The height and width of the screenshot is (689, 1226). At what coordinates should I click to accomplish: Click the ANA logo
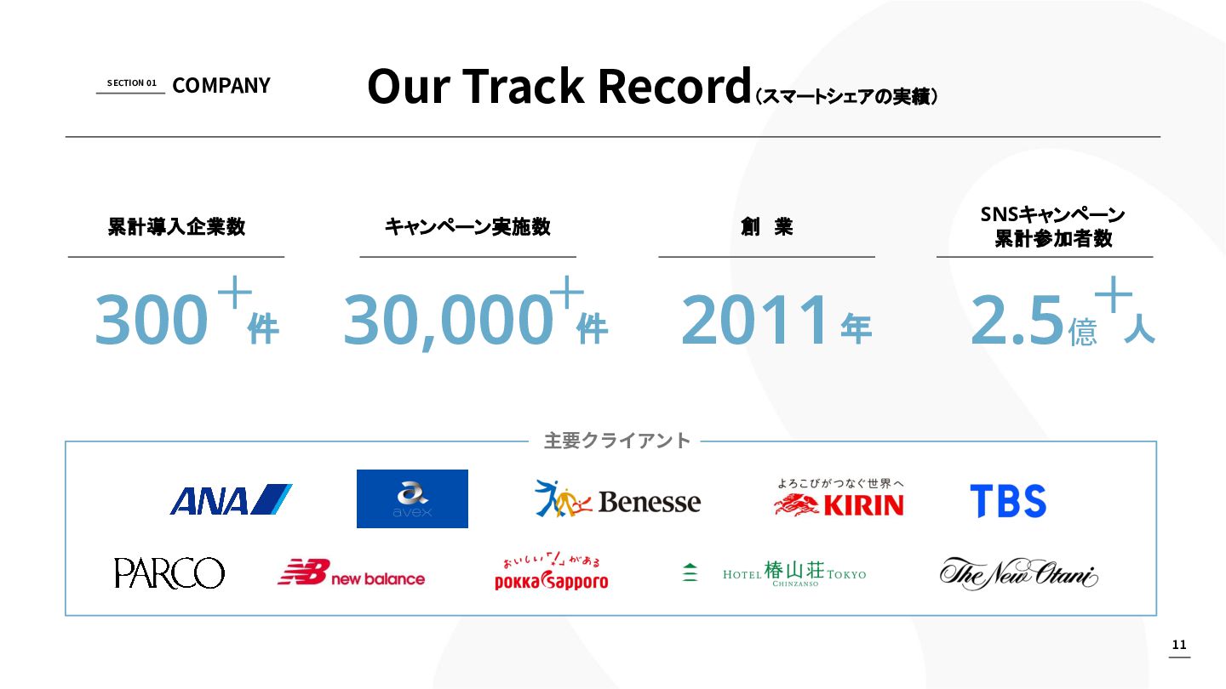coord(231,499)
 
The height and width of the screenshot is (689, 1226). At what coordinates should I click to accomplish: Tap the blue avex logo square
coord(412,498)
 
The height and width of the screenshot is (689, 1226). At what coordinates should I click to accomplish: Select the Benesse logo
coord(617,498)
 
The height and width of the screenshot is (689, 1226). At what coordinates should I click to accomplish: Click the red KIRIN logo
coord(839,498)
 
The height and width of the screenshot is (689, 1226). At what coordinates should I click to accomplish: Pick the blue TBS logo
coord(1008,501)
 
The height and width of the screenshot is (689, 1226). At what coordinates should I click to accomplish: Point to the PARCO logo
coord(169,573)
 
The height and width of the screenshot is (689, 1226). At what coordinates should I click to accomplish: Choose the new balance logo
coord(351,572)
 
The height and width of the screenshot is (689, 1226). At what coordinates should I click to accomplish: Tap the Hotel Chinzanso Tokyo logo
coord(774,573)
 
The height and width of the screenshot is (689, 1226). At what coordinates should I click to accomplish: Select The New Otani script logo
coord(1018,573)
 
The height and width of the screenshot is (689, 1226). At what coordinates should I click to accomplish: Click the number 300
coord(151,319)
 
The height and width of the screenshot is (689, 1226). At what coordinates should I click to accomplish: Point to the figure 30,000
coord(448,321)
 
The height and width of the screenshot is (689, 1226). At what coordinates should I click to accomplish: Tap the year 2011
coord(753,319)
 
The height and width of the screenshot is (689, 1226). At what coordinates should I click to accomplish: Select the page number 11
coord(1179,645)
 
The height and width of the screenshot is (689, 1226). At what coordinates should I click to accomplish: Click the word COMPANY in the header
coord(221,85)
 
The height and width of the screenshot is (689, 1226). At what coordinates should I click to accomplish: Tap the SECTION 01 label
coord(131,83)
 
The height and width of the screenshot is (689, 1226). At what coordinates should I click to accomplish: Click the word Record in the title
coord(674,86)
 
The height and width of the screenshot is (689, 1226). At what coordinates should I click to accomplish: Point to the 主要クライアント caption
coord(616,441)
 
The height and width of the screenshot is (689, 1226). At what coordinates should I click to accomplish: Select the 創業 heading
coord(766,226)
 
